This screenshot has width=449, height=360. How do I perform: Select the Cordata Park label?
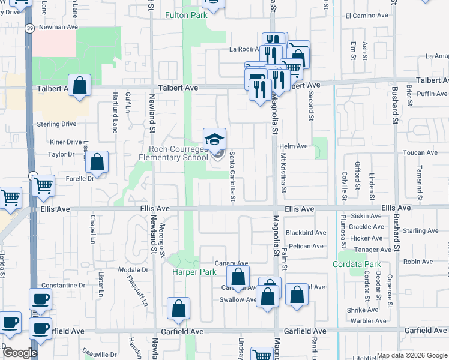(357, 264)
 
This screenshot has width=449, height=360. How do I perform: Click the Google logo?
(19, 353)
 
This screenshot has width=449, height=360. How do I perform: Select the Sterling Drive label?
(56, 124)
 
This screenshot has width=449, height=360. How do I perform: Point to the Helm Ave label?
(294, 146)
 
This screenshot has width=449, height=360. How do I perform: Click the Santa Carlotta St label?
(232, 176)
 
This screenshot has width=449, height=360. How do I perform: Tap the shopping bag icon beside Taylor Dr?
(97, 162)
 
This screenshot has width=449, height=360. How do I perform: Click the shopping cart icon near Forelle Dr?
(43, 186)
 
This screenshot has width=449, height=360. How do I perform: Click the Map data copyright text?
(412, 355)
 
